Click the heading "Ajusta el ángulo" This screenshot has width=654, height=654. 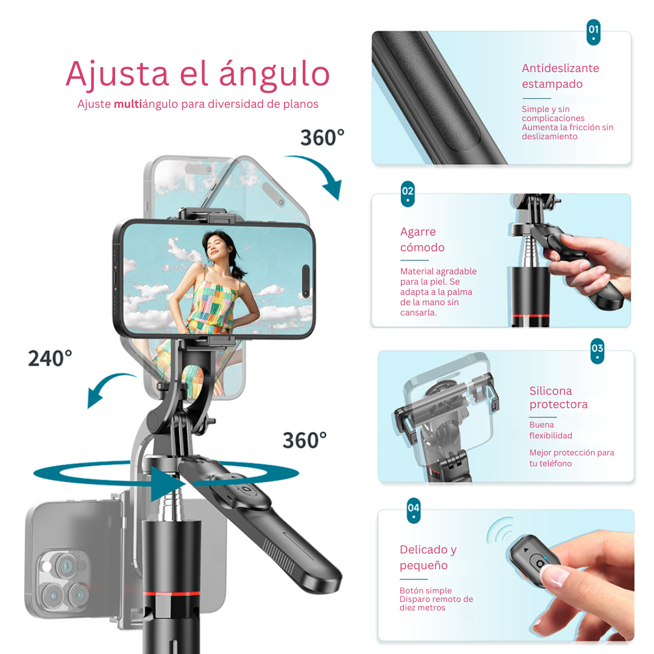coord(197,74)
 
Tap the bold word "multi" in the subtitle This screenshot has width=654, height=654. coord(129,104)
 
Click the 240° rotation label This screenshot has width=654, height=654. coord(50,358)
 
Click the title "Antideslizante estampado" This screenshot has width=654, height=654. coord(560,76)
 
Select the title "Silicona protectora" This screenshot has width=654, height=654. coord(558,398)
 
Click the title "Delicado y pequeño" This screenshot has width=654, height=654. coord(428,558)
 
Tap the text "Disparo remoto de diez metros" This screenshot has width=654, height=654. coord(436,603)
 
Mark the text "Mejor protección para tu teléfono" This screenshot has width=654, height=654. coord(571,458)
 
